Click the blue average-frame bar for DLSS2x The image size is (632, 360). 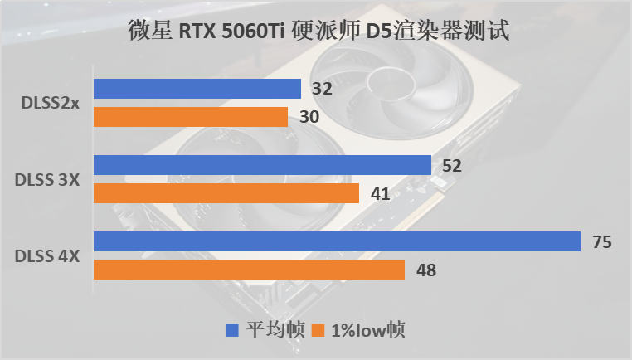point(197,89)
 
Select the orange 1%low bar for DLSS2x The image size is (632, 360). point(191,117)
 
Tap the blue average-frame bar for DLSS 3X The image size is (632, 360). point(262,165)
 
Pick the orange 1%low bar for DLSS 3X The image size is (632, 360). point(226,193)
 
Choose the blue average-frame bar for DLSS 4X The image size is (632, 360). point(337,241)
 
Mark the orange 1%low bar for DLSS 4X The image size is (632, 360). point(249,270)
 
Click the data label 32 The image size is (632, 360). point(323,89)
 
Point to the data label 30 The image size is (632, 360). point(309,117)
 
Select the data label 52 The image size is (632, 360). point(452,165)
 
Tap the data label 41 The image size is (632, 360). point(381,193)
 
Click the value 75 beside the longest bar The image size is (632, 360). point(601,241)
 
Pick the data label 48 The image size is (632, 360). point(425,270)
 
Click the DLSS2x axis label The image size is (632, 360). point(51,103)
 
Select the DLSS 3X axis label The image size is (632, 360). point(47,179)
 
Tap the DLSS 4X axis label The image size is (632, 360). point(47,255)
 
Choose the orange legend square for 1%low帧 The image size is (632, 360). point(318,330)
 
